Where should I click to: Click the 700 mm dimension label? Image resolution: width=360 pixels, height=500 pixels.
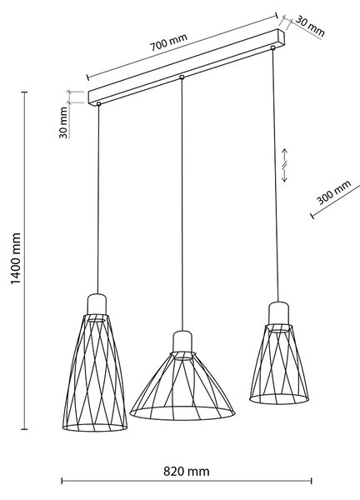[168, 42]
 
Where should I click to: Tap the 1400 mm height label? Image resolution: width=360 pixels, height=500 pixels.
[16, 258]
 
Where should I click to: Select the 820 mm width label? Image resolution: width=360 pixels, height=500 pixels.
[187, 472]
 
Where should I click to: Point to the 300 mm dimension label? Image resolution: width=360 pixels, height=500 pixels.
[334, 192]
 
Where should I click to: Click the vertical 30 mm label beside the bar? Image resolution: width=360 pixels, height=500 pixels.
[63, 122]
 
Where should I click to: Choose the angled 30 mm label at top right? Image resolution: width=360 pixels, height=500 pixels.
[310, 26]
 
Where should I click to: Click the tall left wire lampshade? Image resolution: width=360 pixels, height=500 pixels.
[95, 373]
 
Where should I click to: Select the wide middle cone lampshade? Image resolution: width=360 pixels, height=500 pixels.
[182, 386]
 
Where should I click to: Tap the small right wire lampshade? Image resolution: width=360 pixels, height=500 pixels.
[279, 364]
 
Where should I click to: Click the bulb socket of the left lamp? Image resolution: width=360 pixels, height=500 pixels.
[97, 304]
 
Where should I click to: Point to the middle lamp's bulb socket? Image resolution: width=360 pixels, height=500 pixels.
[182, 342]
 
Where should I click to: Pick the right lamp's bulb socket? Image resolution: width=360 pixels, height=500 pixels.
[278, 313]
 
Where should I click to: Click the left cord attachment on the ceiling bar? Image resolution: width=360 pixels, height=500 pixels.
[98, 104]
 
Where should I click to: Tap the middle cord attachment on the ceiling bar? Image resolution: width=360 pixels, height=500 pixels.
[182, 77]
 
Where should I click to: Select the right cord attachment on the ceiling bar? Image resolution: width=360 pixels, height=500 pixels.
[272, 47]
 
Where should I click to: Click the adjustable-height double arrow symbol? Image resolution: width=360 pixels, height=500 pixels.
[284, 165]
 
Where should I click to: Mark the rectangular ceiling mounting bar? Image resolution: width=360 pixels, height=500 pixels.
[186, 67]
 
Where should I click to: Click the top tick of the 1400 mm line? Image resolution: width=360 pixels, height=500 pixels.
[24, 92]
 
